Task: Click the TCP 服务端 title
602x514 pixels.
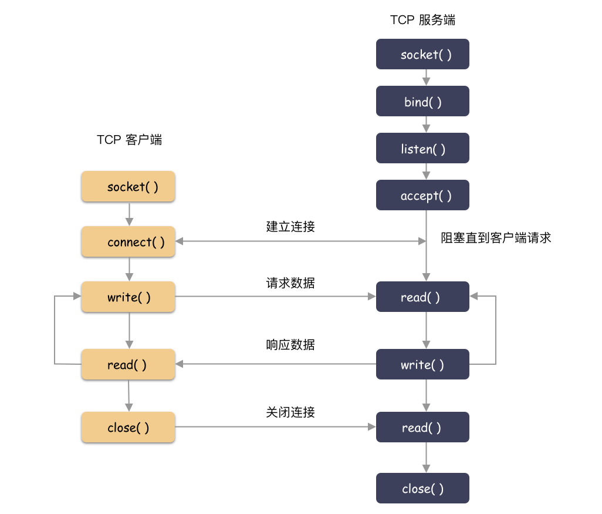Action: [x=422, y=20]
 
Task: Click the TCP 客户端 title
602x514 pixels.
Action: [x=129, y=140]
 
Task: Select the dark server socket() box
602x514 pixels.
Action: [x=422, y=55]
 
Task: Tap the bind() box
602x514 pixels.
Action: [x=422, y=102]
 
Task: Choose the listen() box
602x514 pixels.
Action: [x=422, y=149]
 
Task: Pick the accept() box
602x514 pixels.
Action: [x=422, y=196]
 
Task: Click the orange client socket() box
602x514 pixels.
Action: [x=128, y=187]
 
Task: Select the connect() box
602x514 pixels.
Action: [x=128, y=242]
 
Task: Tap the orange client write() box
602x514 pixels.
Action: [x=128, y=297]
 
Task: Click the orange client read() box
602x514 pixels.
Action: [x=128, y=365]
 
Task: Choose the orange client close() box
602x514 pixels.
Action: [x=128, y=428]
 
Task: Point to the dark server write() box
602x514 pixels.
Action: [x=422, y=365]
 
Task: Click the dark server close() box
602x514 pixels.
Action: [x=422, y=489]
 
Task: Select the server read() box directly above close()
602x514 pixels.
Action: [x=422, y=428]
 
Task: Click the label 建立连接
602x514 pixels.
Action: [x=290, y=227]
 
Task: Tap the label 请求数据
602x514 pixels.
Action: [x=290, y=283]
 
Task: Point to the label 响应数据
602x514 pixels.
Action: [x=290, y=345]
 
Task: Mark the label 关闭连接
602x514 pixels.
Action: [x=290, y=413]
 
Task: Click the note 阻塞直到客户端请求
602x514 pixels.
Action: [x=496, y=238]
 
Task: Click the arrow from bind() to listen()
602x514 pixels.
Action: [x=427, y=124]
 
